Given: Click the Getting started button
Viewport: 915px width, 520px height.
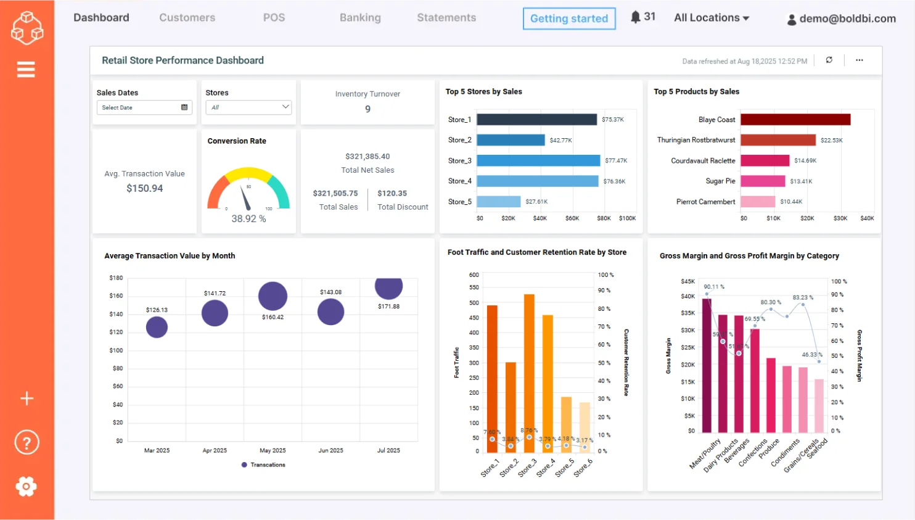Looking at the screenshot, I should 568,19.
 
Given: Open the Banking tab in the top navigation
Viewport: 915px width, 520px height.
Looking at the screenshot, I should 360,18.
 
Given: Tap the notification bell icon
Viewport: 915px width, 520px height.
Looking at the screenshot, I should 635,17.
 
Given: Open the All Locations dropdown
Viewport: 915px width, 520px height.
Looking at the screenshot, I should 712,18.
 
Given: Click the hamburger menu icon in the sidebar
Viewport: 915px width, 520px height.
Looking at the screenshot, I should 26,70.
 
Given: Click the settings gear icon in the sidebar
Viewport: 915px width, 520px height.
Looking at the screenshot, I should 26,486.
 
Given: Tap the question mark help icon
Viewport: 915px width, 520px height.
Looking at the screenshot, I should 27,442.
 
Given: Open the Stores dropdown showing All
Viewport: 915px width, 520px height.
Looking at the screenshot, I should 248,107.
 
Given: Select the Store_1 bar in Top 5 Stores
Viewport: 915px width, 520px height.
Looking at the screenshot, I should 536,120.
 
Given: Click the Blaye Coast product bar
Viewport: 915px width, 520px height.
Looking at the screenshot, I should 795,120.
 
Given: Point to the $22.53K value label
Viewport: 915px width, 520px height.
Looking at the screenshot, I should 831,141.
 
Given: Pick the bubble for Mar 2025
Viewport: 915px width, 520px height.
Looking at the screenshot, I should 157,327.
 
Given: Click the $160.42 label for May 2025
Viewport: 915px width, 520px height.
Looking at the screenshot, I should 273,317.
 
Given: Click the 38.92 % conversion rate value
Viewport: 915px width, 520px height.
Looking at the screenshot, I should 248,219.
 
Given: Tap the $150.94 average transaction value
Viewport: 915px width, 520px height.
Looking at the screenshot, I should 144,189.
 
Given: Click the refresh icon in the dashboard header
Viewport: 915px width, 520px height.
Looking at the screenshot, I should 829,60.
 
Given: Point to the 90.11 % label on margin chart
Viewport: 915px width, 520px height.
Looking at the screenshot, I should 714,287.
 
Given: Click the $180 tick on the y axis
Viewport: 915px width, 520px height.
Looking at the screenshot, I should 116,278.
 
